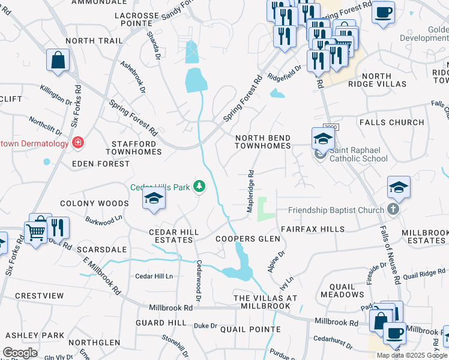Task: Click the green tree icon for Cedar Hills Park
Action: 199,187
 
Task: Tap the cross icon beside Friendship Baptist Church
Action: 393,209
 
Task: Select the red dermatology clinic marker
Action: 77,143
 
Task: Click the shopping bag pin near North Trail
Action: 58,60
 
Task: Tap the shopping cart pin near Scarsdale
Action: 35,230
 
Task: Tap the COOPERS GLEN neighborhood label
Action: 248,239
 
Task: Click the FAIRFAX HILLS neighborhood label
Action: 312,229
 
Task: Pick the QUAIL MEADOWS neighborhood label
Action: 342,290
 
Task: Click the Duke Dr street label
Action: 205,325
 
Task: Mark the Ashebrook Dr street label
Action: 133,77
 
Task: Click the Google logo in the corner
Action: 20,353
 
